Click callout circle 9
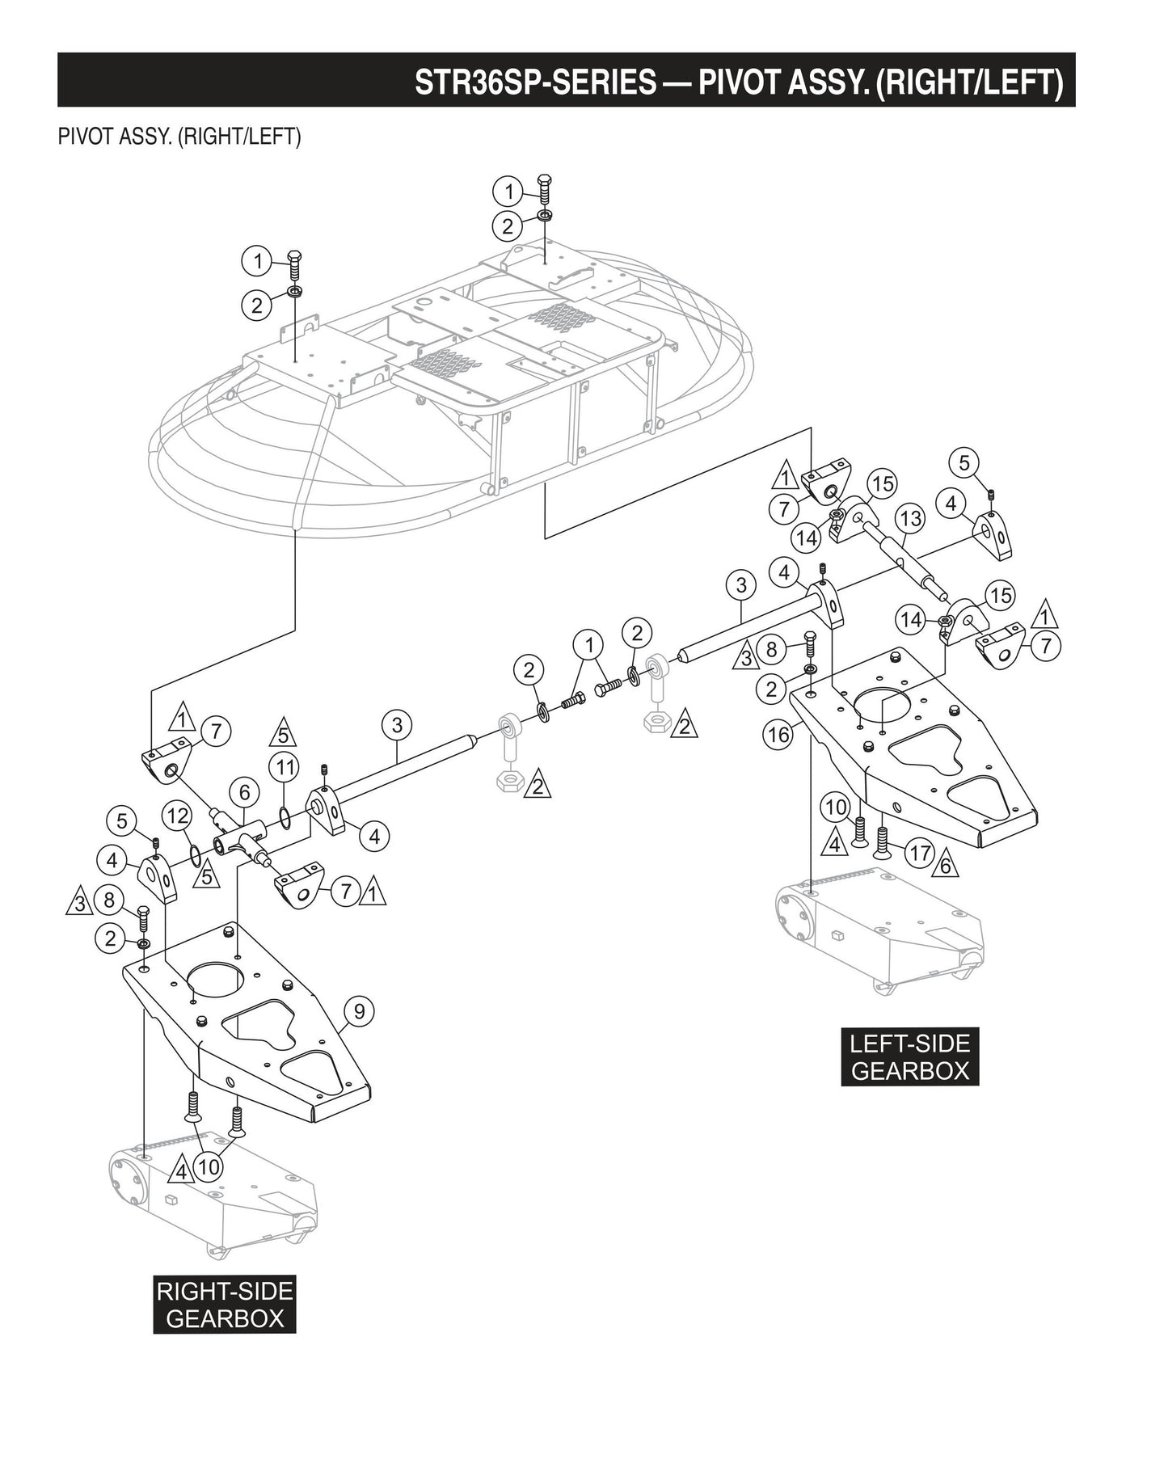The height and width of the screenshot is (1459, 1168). click(x=359, y=1011)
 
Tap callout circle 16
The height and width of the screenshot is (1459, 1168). click(x=778, y=735)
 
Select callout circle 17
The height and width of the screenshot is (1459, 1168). click(x=919, y=852)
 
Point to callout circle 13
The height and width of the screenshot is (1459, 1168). click(x=910, y=519)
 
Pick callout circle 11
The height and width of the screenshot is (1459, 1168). click(x=284, y=766)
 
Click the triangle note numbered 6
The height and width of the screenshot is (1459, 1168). click(x=945, y=867)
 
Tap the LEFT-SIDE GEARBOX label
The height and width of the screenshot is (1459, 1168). click(x=909, y=1056)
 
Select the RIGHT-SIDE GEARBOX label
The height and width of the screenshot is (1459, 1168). click(x=224, y=1304)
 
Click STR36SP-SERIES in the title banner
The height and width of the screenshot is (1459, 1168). click(x=535, y=82)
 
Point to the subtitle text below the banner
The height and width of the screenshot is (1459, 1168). click(x=179, y=137)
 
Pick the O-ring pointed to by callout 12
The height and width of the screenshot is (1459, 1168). click(x=194, y=854)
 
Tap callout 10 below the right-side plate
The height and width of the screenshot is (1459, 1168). click(x=209, y=1167)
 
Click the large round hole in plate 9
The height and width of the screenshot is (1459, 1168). click(x=216, y=980)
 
